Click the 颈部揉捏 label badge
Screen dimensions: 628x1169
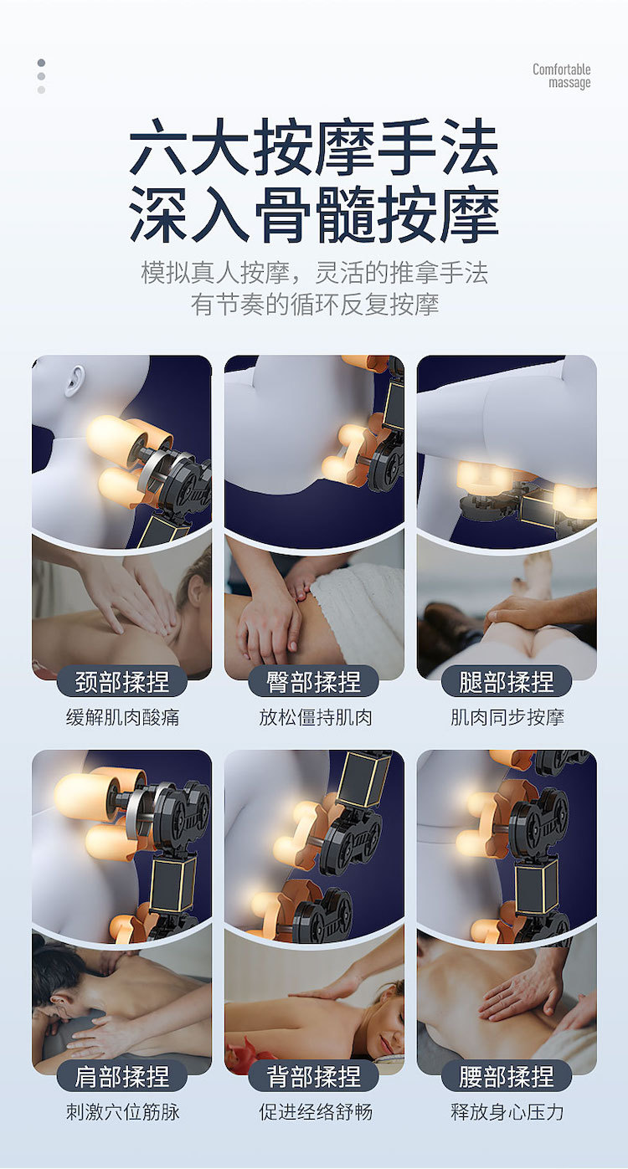121,681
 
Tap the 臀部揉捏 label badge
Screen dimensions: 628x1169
313,681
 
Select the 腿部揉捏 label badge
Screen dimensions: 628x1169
507,681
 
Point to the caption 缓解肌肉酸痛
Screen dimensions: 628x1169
123,718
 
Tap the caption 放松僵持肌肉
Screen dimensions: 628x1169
316,718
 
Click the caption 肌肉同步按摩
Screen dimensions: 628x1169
507,718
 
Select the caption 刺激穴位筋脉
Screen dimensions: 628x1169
123,1112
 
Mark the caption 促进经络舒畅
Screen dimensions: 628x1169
316,1112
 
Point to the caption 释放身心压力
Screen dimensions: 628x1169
507,1112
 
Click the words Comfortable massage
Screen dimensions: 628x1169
562,76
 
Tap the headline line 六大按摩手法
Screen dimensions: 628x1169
314,146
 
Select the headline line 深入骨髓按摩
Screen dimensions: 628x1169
314,214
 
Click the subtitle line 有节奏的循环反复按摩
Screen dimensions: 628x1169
314,305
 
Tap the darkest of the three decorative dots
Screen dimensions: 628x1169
41,63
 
